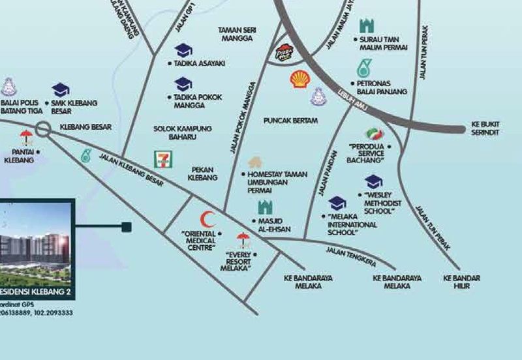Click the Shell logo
pos(300,80)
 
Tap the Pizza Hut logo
pos(284,52)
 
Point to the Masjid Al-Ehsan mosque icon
pos(265,207)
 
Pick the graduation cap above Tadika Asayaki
pos(183,50)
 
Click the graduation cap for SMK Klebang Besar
pos(61,89)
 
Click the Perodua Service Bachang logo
pos(374,134)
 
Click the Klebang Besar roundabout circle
pos(44,129)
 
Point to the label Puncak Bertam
pos(291,121)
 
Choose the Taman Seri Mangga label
pos(239,34)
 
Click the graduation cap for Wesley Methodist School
pos(373,181)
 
